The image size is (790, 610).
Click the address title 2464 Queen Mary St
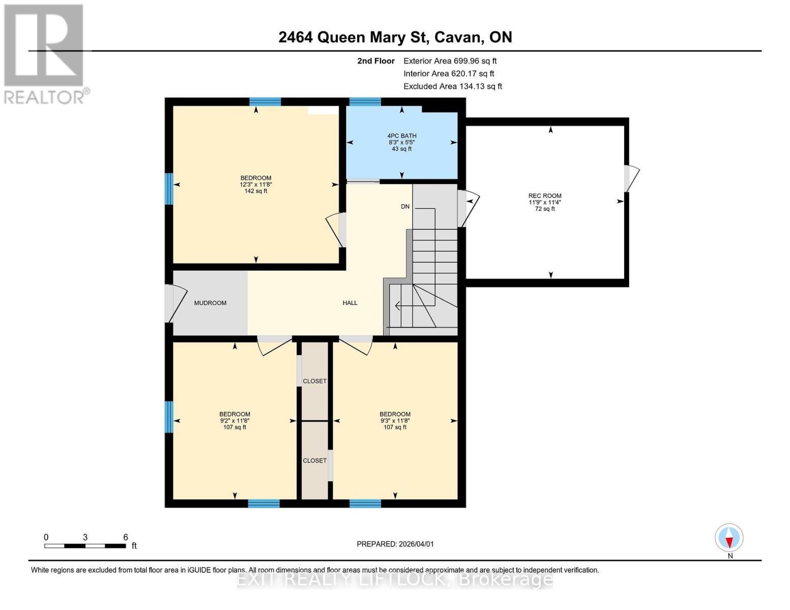pos(395,37)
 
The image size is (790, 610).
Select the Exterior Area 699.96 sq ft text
pos(450,60)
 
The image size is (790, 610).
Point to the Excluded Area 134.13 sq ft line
pos(452,86)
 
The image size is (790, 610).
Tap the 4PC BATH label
pos(401,136)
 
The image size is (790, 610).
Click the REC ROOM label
pos(544,196)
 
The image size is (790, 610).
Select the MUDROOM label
pos(210,303)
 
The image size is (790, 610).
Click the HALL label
pos(350,303)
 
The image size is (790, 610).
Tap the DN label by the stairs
pos(405,206)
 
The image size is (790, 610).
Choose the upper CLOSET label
pos(314,381)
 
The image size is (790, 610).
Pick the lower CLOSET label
pos(314,461)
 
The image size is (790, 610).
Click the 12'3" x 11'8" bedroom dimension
pos(255,185)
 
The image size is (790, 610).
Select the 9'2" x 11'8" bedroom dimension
pos(235,420)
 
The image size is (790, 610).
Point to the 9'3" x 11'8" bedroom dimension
pos(395,420)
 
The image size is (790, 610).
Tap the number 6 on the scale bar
pos(125,537)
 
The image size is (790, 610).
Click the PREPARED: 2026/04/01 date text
pos(395,544)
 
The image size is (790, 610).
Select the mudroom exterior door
pos(173,303)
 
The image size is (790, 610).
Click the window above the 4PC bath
pos(365,102)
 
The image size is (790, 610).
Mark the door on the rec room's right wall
pos(630,178)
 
